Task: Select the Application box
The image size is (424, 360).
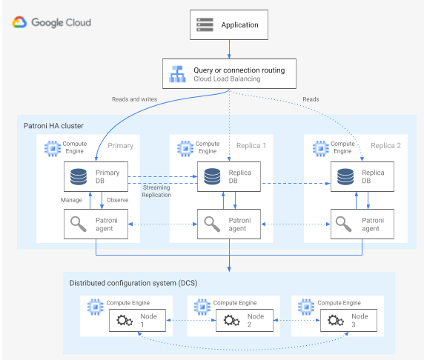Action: (x=229, y=25)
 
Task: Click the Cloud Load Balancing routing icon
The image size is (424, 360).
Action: (x=177, y=75)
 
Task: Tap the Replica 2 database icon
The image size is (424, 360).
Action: (x=345, y=178)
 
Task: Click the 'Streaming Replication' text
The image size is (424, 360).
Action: (x=158, y=191)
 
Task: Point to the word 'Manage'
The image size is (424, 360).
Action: (x=72, y=200)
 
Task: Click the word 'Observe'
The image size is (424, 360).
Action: (x=119, y=200)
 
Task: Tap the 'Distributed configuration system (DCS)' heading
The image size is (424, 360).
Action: (x=133, y=283)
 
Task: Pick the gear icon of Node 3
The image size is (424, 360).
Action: (x=331, y=321)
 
